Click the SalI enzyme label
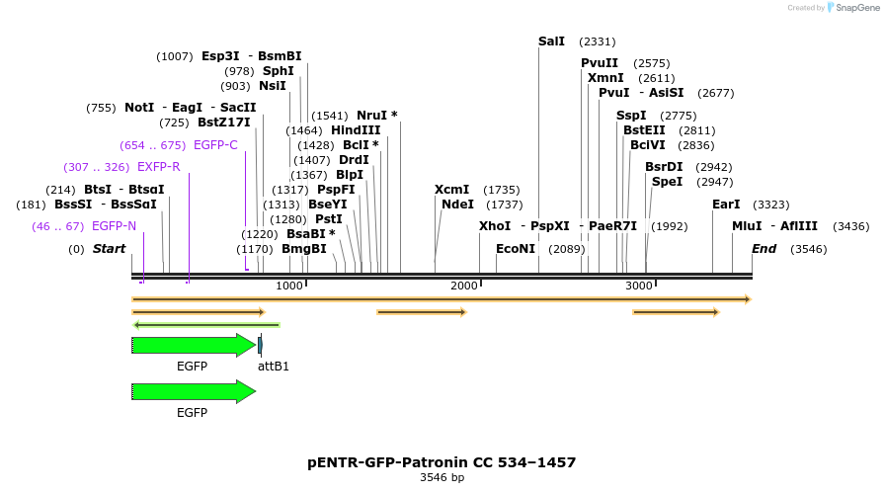pos(551,41)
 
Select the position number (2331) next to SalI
pos(598,41)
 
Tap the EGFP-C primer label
pos(215,145)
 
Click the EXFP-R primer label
pos(158,167)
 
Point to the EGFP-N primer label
pos(114,226)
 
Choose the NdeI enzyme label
pos(457,205)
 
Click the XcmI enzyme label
pos(451,190)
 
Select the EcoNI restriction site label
pos(515,249)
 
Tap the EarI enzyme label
pos(726,205)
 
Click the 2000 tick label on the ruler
pos(464,286)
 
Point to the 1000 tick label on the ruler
pos(289,286)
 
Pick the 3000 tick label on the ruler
pos(639,286)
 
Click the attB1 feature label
pos(274,367)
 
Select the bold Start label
pos(109,249)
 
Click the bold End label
pos(763,249)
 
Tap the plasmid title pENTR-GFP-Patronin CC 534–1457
pos(442,462)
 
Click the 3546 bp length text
pos(442,478)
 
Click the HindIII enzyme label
pos(356,130)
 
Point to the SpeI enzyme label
pos(667,182)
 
